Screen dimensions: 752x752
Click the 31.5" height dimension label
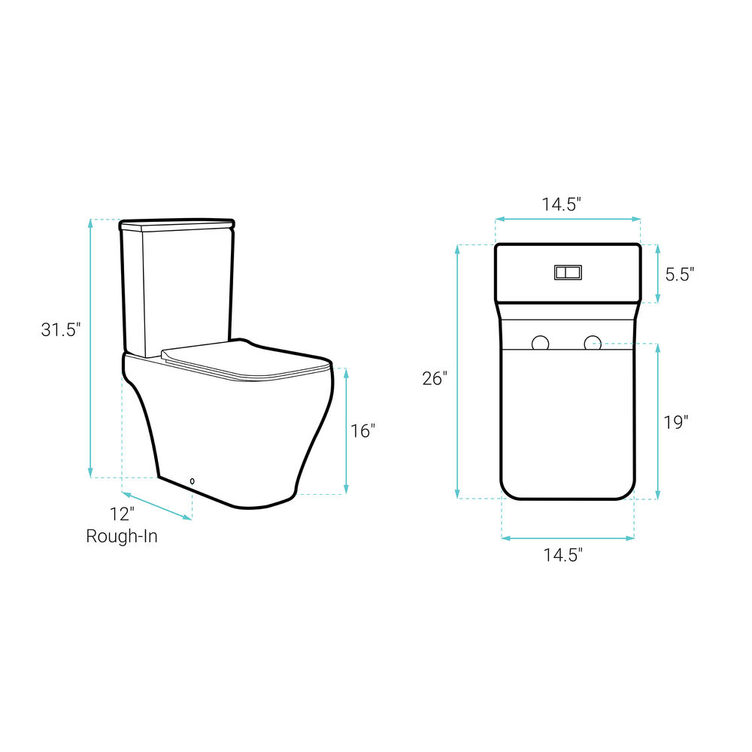60,329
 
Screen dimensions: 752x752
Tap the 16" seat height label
362,431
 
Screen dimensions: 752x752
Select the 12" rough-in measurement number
122,514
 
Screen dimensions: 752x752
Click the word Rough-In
122,535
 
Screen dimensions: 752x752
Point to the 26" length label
435,378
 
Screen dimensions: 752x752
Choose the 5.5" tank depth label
680,274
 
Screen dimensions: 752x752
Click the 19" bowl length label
676,422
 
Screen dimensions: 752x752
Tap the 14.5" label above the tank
561,205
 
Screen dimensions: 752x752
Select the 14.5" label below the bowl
562,555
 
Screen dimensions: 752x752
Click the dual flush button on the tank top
568,272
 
